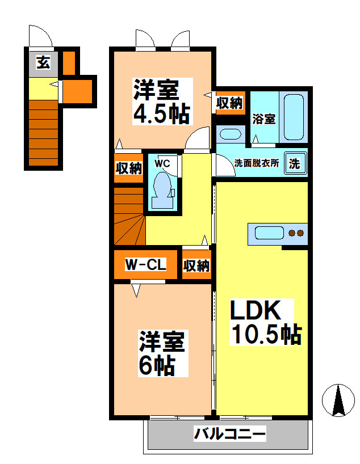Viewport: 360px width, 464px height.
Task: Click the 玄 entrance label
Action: click(43, 62)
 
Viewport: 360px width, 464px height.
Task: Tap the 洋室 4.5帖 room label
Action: click(162, 102)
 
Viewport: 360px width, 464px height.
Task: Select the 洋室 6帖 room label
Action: click(162, 353)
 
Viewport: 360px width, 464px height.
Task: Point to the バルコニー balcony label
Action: click(230, 434)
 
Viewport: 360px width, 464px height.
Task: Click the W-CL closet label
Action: click(146, 264)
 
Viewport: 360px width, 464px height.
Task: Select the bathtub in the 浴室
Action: click(294, 117)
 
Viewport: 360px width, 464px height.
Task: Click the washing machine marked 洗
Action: click(295, 163)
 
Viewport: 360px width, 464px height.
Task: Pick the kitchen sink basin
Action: click(269, 233)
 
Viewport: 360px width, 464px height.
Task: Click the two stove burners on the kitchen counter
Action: click(296, 233)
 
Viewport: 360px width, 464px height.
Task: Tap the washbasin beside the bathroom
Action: click(230, 134)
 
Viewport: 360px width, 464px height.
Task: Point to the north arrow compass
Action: click(338, 400)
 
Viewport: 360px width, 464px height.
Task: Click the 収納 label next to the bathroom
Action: click(229, 103)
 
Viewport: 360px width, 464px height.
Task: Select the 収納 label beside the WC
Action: click(129, 168)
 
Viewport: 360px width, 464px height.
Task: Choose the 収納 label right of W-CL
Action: click(196, 265)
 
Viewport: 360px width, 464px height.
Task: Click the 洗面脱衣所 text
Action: click(257, 163)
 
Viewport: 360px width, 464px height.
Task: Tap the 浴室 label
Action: click(264, 119)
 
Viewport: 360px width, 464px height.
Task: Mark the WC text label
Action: click(162, 163)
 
